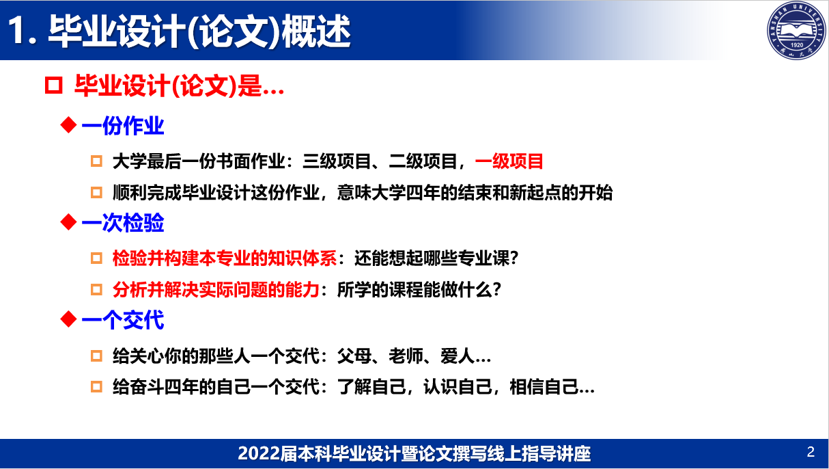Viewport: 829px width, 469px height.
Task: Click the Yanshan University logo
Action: click(x=796, y=30)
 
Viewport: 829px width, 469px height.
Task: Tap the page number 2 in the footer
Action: click(x=811, y=452)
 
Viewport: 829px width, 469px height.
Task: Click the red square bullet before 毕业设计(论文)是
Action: click(x=54, y=85)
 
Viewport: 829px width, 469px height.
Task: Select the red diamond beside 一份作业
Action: click(x=68, y=125)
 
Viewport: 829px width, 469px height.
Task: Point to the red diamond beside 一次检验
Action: click(x=68, y=222)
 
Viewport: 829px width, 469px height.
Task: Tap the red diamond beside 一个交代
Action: click(x=68, y=319)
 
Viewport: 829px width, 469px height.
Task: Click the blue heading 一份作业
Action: click(x=122, y=126)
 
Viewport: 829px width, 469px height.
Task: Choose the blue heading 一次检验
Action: click(x=122, y=223)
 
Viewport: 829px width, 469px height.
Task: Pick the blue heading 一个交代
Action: click(x=122, y=320)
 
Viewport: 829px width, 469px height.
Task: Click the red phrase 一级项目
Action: click(x=509, y=161)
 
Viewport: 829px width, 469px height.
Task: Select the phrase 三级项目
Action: click(x=337, y=161)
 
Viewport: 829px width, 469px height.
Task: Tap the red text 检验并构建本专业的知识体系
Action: click(x=225, y=258)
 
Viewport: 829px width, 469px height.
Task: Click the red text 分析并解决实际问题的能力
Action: click(x=216, y=289)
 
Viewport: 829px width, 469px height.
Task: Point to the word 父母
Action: click(x=354, y=356)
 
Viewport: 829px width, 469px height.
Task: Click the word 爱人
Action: click(x=458, y=356)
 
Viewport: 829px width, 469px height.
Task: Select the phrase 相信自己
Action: click(x=544, y=387)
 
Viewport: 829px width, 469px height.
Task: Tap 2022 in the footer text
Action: click(x=259, y=453)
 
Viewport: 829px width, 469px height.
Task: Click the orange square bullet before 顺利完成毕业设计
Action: click(x=96, y=192)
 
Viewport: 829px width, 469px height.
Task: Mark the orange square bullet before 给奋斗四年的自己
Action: click(x=96, y=386)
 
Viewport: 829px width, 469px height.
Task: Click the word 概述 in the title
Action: click(x=315, y=31)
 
